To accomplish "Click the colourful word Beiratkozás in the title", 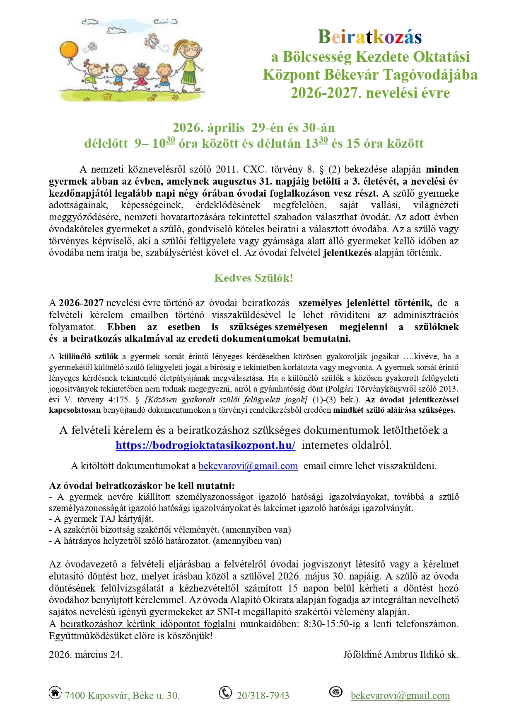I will pos(369,37).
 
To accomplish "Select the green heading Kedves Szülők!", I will pos(253,278).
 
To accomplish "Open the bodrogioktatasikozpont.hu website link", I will pos(205,445).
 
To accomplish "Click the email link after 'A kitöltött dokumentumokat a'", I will pos(248,466).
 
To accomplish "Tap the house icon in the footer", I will pos(55,692).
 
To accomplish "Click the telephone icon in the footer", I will pos(225,692).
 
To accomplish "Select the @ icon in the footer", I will pos(336,691).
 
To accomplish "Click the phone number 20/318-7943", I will pos(263,696).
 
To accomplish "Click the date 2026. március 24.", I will pos(86,655).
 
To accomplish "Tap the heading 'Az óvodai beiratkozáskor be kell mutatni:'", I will pos(142,486).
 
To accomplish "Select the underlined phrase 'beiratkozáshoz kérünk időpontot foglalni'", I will pos(148,624).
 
